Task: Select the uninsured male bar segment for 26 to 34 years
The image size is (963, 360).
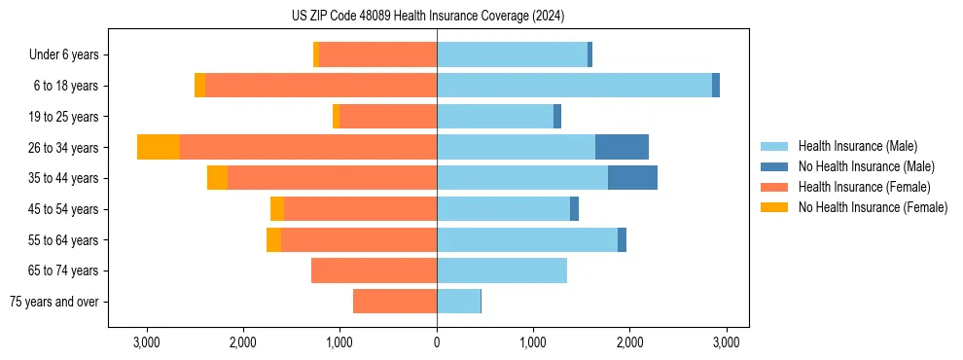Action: [x=622, y=147]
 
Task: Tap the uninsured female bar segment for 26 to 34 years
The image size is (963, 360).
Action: [x=159, y=147]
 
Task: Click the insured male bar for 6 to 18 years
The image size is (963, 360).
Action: [x=574, y=86]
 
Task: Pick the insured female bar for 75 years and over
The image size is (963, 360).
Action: [x=395, y=302]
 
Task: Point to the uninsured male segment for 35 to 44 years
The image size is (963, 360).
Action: [x=632, y=178]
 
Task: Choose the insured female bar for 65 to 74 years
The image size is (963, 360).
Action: [x=374, y=270]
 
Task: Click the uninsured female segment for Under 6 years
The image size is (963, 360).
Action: [x=316, y=55]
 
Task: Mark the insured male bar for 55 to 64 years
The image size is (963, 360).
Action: [x=527, y=239]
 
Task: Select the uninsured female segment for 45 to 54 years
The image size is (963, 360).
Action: [x=277, y=209]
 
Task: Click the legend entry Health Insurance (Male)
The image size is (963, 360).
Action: [x=857, y=146]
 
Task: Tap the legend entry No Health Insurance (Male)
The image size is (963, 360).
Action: [x=866, y=166]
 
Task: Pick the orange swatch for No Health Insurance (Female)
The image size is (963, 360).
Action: [x=774, y=207]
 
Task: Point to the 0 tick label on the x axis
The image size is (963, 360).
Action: [x=437, y=342]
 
